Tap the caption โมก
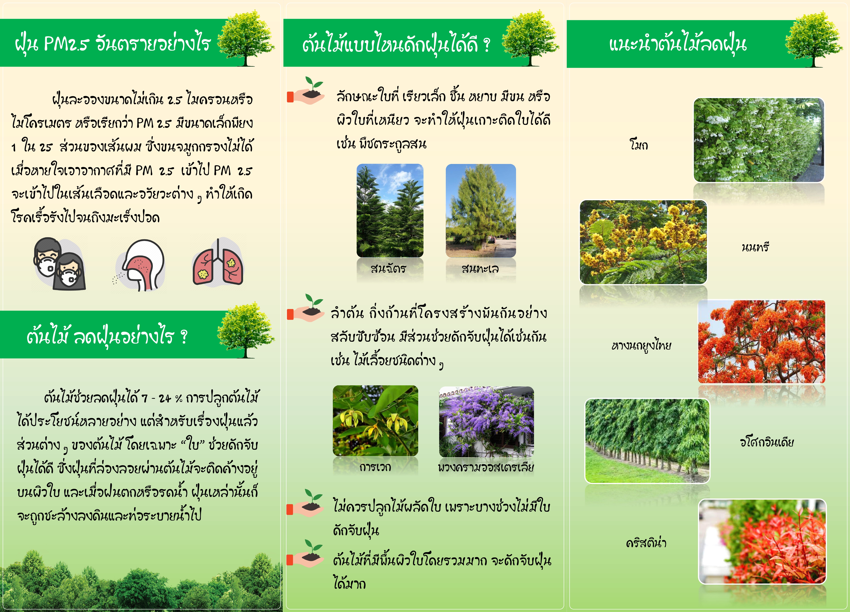(x=639, y=144)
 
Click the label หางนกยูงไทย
(x=641, y=345)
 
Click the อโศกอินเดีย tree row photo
(x=647, y=441)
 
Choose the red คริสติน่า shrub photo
(x=762, y=542)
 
